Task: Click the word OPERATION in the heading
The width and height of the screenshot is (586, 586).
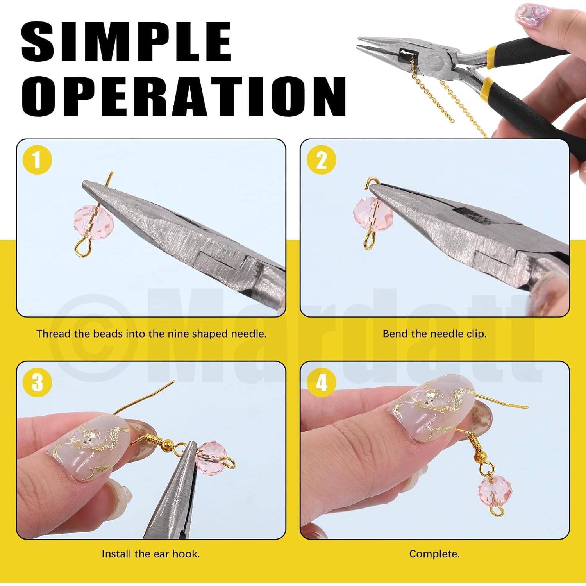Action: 184,96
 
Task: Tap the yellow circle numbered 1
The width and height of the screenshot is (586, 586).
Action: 37,160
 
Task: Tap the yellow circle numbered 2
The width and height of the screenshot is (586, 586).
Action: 321,160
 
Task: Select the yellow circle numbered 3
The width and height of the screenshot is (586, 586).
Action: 37,382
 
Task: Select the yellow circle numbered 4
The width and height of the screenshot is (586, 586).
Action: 321,382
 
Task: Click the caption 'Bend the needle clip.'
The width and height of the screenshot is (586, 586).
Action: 434,334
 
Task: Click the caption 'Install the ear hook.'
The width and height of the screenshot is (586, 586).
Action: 150,554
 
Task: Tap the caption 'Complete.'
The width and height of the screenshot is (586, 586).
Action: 434,554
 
